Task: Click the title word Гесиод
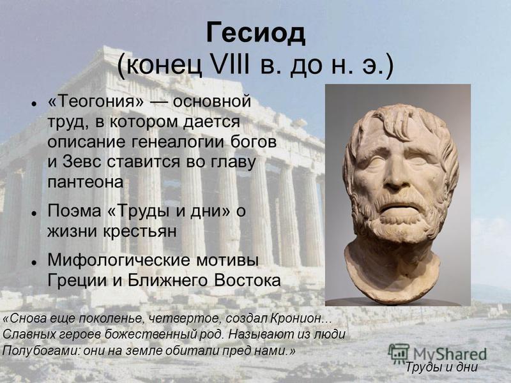(256, 34)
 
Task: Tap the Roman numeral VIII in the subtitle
(231, 65)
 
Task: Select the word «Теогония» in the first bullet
(95, 101)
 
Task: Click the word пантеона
(86, 182)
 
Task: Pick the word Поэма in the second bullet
(74, 211)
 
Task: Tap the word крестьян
(140, 232)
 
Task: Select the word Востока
(247, 280)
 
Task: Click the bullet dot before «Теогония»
(34, 104)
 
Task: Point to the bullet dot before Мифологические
(34, 262)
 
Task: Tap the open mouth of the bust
(396, 209)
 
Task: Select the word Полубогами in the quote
(41, 350)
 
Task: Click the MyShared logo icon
(398, 353)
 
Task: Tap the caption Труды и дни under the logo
(441, 368)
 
